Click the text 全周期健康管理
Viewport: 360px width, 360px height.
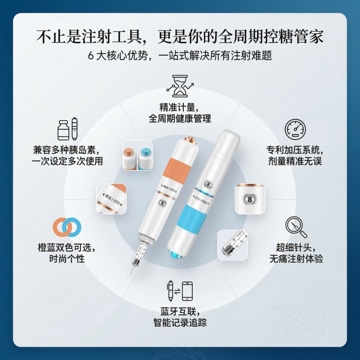point(179,119)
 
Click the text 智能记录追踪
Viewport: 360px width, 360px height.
point(180,323)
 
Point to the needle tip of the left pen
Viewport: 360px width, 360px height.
point(131,272)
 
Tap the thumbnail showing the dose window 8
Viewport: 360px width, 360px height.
point(250,198)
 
